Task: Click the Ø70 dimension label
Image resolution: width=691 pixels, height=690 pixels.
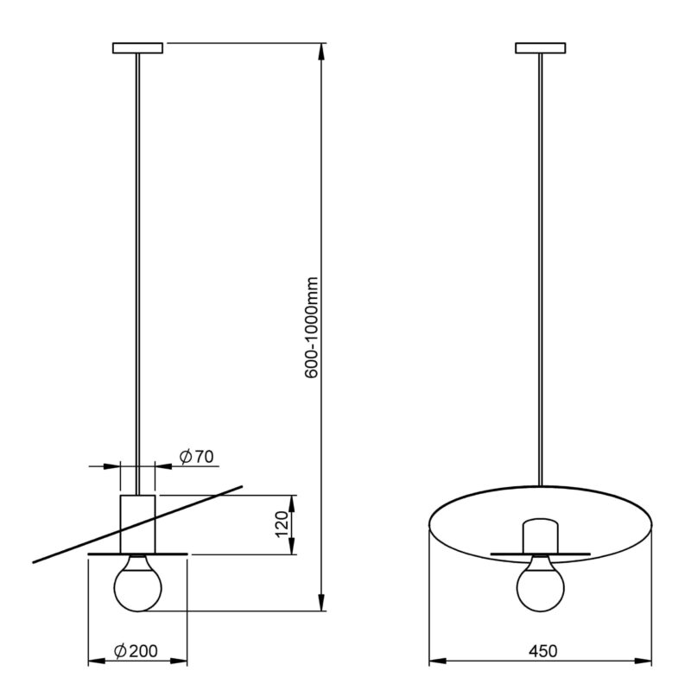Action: click(x=197, y=457)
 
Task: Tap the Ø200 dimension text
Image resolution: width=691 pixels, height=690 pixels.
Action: click(x=136, y=651)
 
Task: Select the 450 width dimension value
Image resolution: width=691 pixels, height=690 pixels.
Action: click(x=543, y=651)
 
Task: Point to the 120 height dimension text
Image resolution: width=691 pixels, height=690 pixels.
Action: click(x=282, y=524)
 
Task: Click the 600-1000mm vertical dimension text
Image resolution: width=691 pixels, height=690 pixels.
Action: click(x=311, y=327)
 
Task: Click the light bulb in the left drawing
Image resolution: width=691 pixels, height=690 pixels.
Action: click(x=138, y=584)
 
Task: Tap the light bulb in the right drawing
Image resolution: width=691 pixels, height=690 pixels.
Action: click(x=541, y=584)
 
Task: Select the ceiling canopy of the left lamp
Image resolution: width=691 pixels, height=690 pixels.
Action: click(x=138, y=47)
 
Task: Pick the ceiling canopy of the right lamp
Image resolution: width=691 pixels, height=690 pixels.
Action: click(x=541, y=47)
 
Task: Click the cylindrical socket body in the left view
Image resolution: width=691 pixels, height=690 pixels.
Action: click(x=137, y=524)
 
